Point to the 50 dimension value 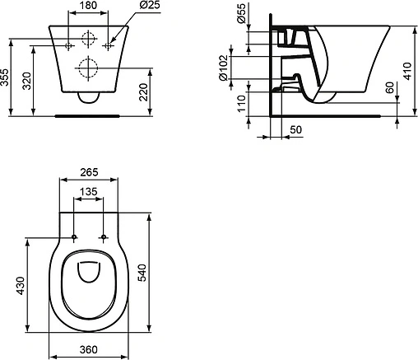tap(295, 129)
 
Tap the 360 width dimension tap(91, 350)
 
